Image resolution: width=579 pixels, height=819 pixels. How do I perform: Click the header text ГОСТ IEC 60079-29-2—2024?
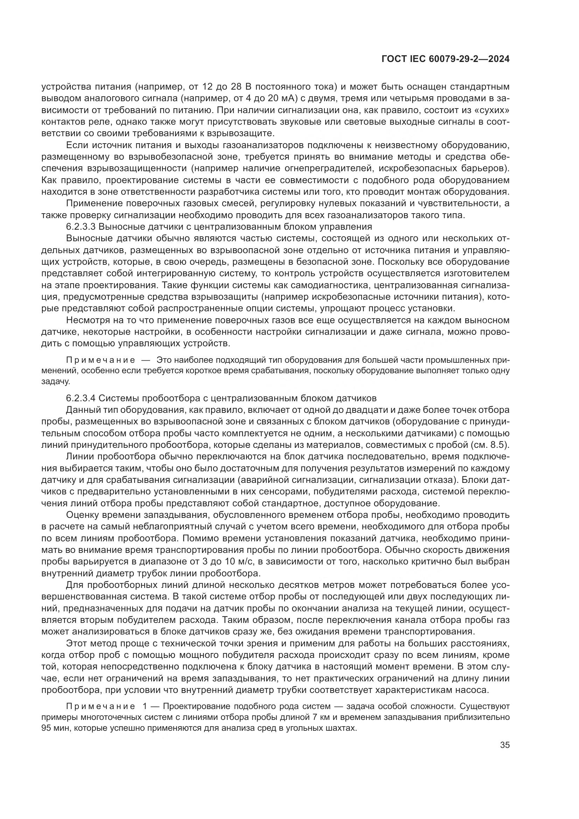tap(445, 59)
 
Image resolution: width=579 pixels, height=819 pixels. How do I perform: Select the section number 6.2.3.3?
tap(80, 227)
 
